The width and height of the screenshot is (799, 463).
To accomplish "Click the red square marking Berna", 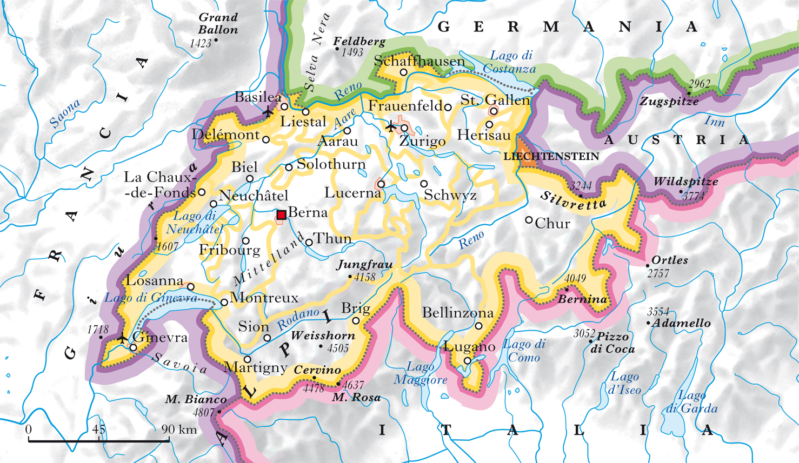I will pos(281,215).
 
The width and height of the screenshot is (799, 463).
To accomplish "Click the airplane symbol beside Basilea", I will pos(268,112).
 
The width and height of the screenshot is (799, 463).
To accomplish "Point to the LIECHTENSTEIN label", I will pos(551,157).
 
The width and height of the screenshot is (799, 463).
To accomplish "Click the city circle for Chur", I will pos(529,220).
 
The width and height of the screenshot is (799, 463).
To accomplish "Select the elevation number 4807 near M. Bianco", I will pos(203,412).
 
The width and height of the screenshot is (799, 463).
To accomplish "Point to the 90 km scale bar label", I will pos(179,430).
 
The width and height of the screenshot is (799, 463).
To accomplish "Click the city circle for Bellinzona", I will pos(478,326).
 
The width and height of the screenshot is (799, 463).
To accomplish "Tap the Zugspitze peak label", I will pos(669,102).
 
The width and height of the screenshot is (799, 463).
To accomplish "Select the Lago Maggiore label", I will pos(420,373).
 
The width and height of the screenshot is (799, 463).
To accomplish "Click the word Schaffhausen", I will pos(419,61).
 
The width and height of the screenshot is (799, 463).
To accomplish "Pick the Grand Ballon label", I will pos(218,24).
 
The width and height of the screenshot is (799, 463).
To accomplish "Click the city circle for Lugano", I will pos(468,361).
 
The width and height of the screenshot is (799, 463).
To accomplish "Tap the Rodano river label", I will pos(298,319).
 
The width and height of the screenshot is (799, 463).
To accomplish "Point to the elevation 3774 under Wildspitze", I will pos(693,197).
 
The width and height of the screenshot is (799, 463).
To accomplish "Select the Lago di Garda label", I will pos(691,402).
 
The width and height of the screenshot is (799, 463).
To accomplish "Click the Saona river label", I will pos(64,113).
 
